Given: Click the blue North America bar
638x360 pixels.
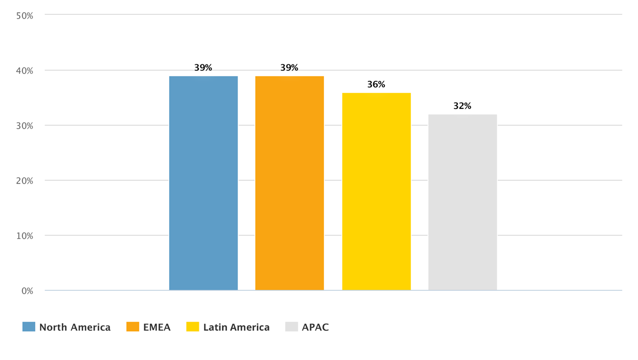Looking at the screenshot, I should tap(203, 183).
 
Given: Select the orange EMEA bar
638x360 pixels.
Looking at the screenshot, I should tap(289, 183).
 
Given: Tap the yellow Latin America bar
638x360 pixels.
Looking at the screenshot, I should tap(376, 191).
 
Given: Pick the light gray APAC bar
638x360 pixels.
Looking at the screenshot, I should tap(463, 202).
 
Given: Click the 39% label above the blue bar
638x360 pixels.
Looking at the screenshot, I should tap(203, 68).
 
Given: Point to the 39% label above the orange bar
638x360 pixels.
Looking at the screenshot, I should tap(289, 68).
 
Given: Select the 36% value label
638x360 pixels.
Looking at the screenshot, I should tap(376, 85).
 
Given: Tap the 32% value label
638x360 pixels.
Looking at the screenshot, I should tap(463, 106).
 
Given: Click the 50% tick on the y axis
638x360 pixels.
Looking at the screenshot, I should tap(25, 15).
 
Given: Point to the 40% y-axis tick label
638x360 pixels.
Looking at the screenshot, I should tap(25, 71).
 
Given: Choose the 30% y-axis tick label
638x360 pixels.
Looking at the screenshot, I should tap(25, 125).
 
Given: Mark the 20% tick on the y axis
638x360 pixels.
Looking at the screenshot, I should tap(25, 181).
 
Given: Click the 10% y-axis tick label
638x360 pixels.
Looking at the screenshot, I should tap(25, 236).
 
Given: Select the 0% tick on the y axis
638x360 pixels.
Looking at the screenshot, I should tap(27, 291).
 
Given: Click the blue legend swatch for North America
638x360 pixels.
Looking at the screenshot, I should tap(29, 326).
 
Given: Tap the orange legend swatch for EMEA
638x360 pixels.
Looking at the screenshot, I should tap(132, 326).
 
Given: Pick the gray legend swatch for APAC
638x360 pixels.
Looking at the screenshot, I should tap(291, 326).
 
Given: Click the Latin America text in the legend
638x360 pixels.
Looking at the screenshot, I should tap(236, 327).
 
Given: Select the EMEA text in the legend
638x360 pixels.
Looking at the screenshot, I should tap(156, 327).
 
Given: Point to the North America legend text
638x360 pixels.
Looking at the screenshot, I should tap(75, 327).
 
